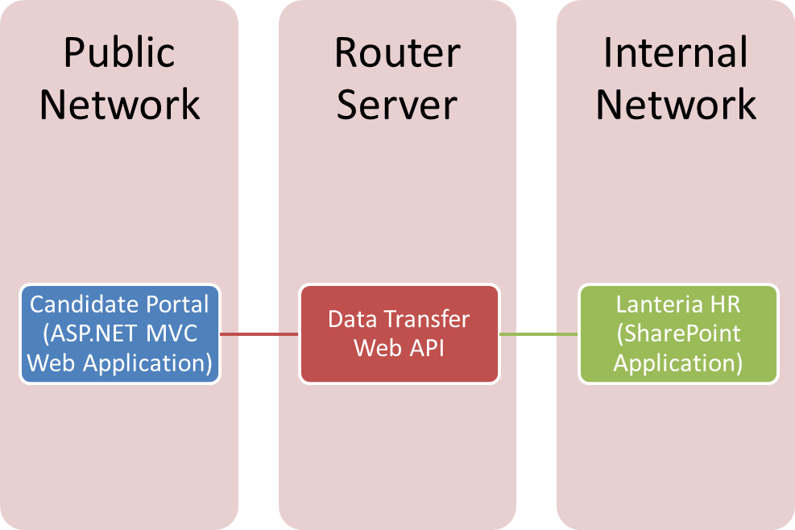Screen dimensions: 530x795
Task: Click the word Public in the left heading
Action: click(119, 54)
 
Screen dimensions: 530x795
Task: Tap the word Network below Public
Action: click(119, 105)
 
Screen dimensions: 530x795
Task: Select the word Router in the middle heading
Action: click(397, 54)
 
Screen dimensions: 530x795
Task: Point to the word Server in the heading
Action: click(397, 105)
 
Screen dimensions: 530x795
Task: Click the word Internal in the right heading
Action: click(676, 54)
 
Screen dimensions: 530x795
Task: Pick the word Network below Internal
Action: click(676, 105)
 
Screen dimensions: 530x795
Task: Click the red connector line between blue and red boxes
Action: click(259, 333)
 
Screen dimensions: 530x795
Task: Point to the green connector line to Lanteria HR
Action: click(538, 333)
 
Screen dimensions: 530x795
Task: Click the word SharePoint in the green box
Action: click(677, 333)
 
